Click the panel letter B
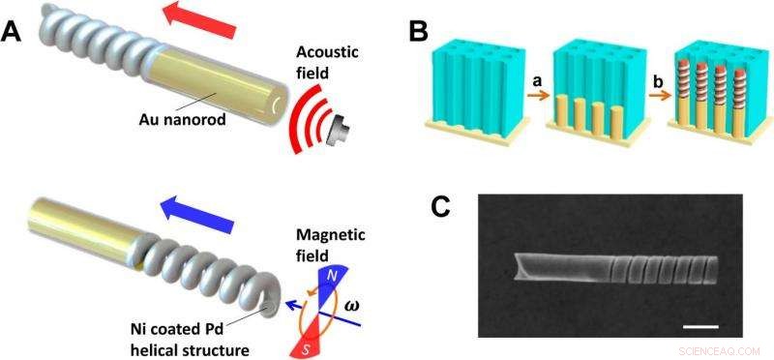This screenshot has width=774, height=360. coord(418,30)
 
